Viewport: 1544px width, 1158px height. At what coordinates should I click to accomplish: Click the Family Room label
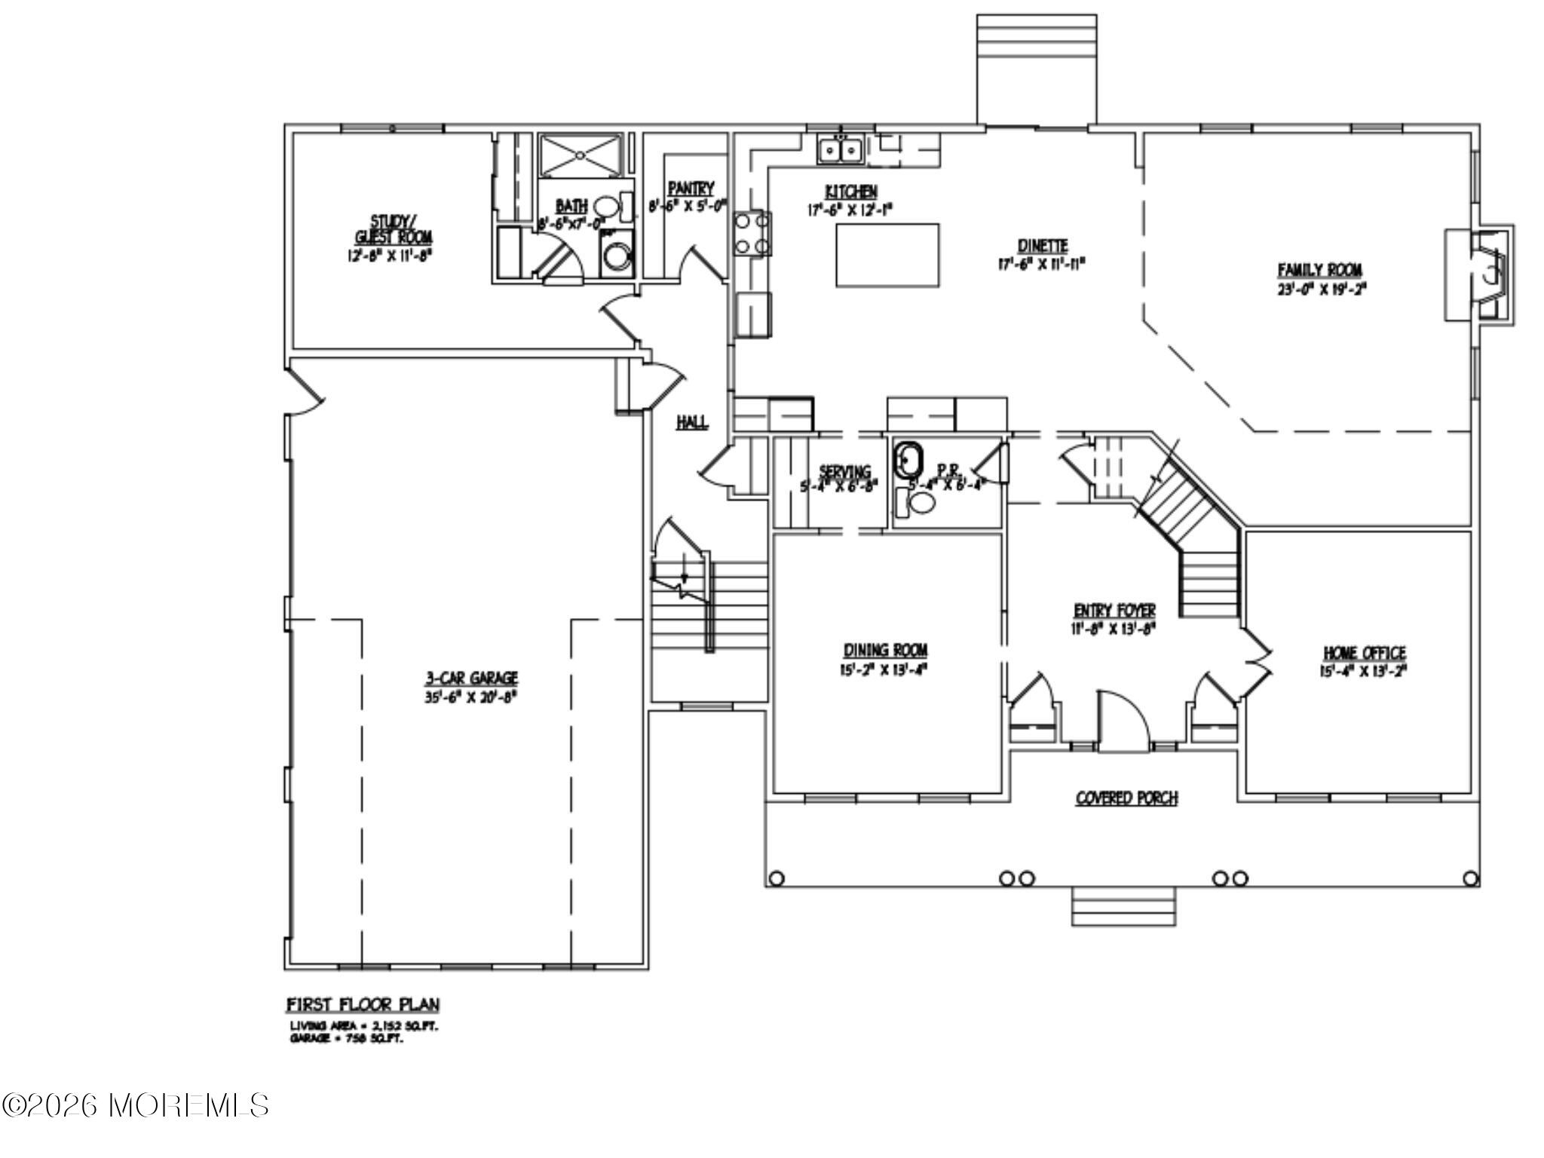pos(1319,269)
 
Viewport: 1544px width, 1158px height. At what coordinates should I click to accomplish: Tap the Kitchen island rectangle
pos(887,255)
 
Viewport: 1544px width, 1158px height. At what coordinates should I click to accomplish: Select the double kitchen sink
pos(841,150)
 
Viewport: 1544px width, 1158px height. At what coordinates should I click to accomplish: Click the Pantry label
pos(690,188)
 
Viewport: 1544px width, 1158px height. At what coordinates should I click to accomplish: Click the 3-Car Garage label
pos(470,679)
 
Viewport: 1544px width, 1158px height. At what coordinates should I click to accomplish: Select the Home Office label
pos(1364,653)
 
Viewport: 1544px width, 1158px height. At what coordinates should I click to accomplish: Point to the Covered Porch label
pos(1126,798)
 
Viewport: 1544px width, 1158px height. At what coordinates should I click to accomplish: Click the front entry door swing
pos(1121,720)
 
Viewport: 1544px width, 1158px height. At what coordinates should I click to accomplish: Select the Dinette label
pos(1043,246)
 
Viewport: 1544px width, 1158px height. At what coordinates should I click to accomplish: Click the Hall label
pos(691,422)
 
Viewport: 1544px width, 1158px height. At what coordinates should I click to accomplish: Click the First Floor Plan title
pos(363,1005)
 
